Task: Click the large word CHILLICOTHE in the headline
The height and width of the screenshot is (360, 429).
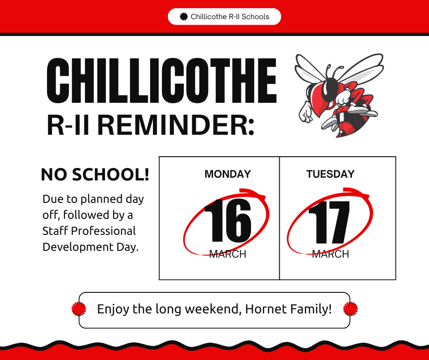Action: [x=162, y=82]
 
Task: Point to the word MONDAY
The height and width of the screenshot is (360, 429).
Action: [x=228, y=174]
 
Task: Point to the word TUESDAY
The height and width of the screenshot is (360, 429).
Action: [x=330, y=174]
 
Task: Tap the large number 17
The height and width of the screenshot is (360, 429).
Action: [x=330, y=222]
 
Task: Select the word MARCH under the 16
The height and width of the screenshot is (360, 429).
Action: [x=228, y=254]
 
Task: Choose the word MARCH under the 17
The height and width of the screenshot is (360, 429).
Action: [x=330, y=254]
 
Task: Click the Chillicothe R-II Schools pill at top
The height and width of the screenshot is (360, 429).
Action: [x=224, y=17]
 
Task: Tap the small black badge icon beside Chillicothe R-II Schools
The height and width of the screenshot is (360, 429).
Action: [x=184, y=17]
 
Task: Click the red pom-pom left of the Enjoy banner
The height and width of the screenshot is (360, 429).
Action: [x=79, y=309]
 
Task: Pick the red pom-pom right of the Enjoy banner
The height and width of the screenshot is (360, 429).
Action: [x=351, y=309]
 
